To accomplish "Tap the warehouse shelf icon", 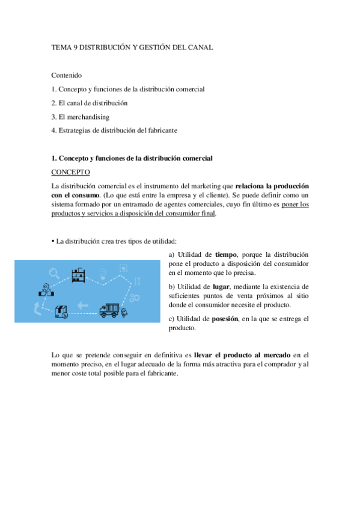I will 78,275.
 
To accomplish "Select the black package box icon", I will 61,311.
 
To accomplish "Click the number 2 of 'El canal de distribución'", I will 53,103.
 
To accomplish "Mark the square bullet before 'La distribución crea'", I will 53,240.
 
